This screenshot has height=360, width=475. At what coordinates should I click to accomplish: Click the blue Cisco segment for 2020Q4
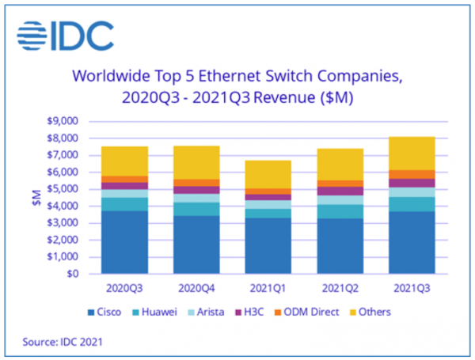click(x=196, y=244)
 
